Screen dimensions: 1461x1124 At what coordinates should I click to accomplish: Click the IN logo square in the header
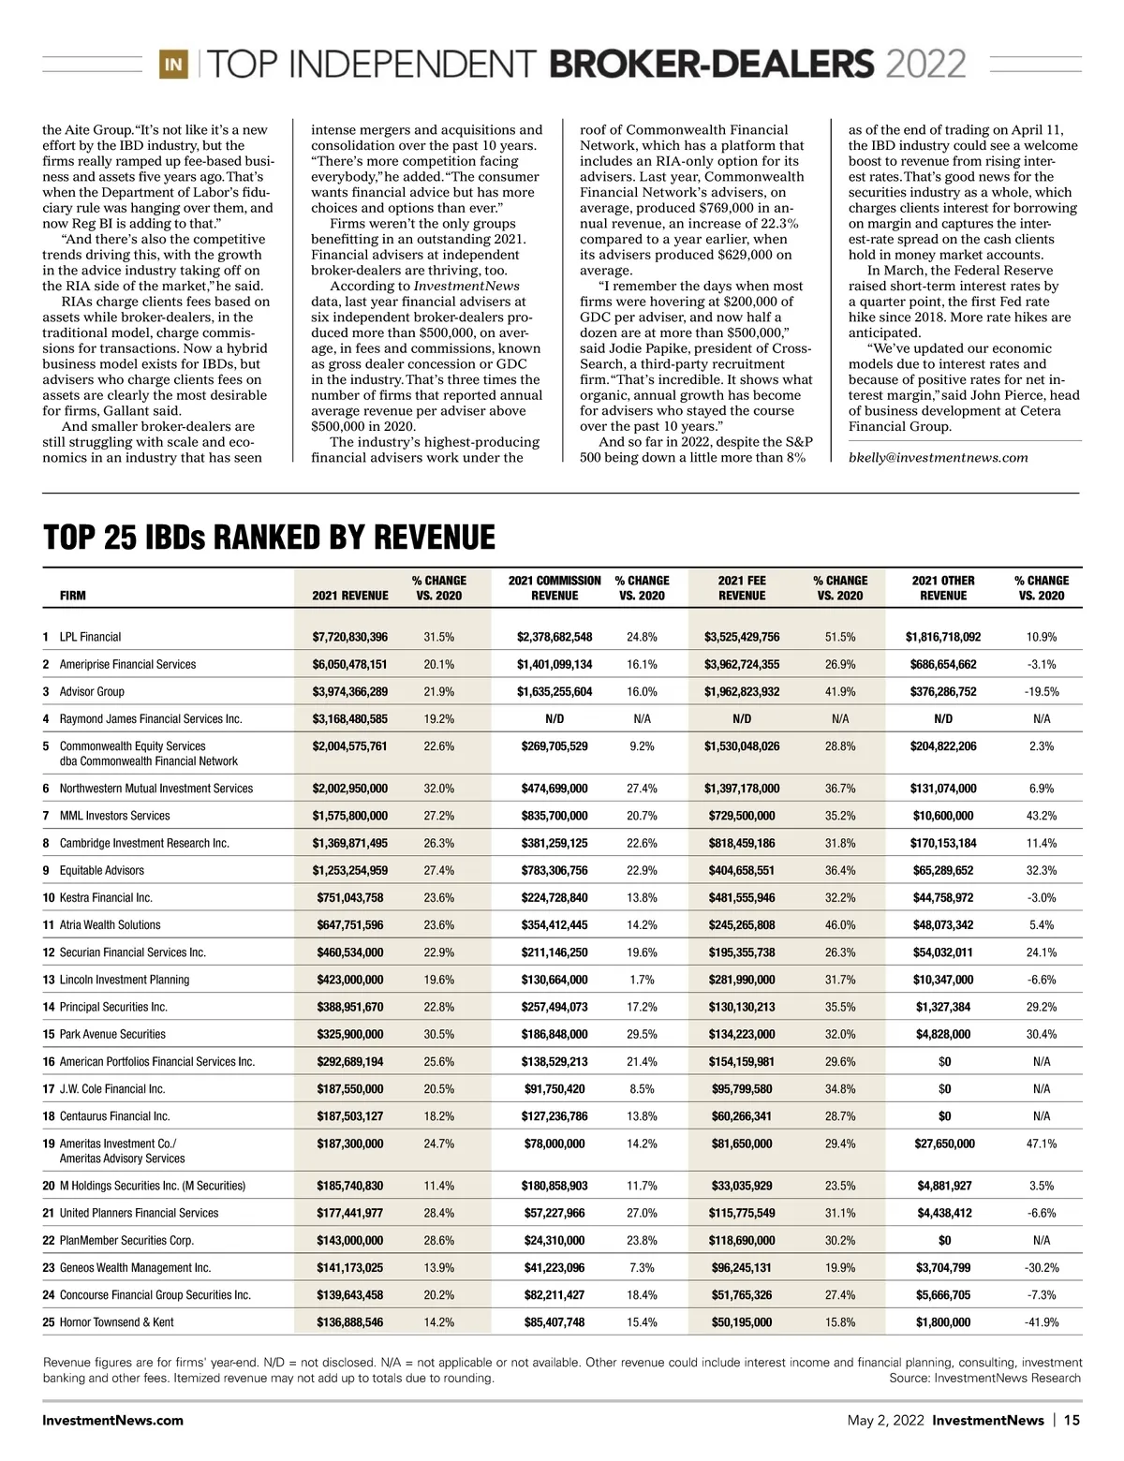tap(174, 65)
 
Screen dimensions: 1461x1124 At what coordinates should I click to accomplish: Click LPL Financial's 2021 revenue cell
tap(349, 637)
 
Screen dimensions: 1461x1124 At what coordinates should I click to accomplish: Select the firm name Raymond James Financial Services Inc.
tap(151, 719)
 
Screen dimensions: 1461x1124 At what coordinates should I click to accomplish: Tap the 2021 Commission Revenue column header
tap(555, 588)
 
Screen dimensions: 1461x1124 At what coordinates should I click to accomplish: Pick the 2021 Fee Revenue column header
tap(742, 588)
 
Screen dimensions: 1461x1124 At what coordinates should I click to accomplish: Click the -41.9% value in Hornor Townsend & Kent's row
tap(1042, 1322)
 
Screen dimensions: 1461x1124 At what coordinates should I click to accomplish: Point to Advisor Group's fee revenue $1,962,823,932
tap(742, 692)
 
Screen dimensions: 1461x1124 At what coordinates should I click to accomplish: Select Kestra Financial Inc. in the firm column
tap(106, 897)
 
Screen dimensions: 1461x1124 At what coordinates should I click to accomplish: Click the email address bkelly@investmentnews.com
tap(938, 458)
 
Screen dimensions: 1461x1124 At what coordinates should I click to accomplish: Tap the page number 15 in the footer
tap(1072, 1420)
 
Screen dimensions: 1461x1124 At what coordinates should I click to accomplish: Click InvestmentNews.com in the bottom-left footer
tap(113, 1420)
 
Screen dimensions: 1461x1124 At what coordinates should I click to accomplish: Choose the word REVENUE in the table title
tap(435, 538)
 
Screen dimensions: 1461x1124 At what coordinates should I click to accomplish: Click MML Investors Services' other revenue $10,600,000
tap(943, 816)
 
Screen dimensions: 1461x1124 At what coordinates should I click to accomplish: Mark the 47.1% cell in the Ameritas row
tap(1042, 1144)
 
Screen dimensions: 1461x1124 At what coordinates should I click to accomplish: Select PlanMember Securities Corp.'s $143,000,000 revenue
tap(349, 1240)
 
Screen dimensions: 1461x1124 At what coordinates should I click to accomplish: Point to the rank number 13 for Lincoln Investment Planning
tap(49, 980)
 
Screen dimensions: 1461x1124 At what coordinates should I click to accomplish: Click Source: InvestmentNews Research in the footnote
tap(984, 1378)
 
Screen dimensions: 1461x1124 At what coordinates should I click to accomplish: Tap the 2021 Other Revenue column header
tap(943, 588)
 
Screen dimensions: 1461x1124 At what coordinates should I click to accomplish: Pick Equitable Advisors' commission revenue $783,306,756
tap(555, 870)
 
